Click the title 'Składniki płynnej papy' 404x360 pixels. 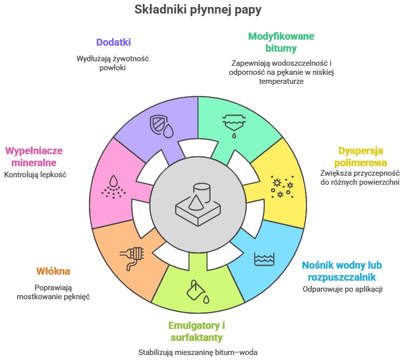pos(198,10)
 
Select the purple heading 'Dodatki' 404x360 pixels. pos(113,42)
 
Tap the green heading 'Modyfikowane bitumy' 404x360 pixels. pos(281,42)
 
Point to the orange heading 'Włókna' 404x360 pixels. pos(53,271)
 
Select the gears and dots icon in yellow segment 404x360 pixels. pos(281,186)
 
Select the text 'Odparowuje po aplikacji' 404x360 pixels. pos(343,289)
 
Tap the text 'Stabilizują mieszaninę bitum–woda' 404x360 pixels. pos(197,352)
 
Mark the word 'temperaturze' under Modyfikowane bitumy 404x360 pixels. pos(281,81)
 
